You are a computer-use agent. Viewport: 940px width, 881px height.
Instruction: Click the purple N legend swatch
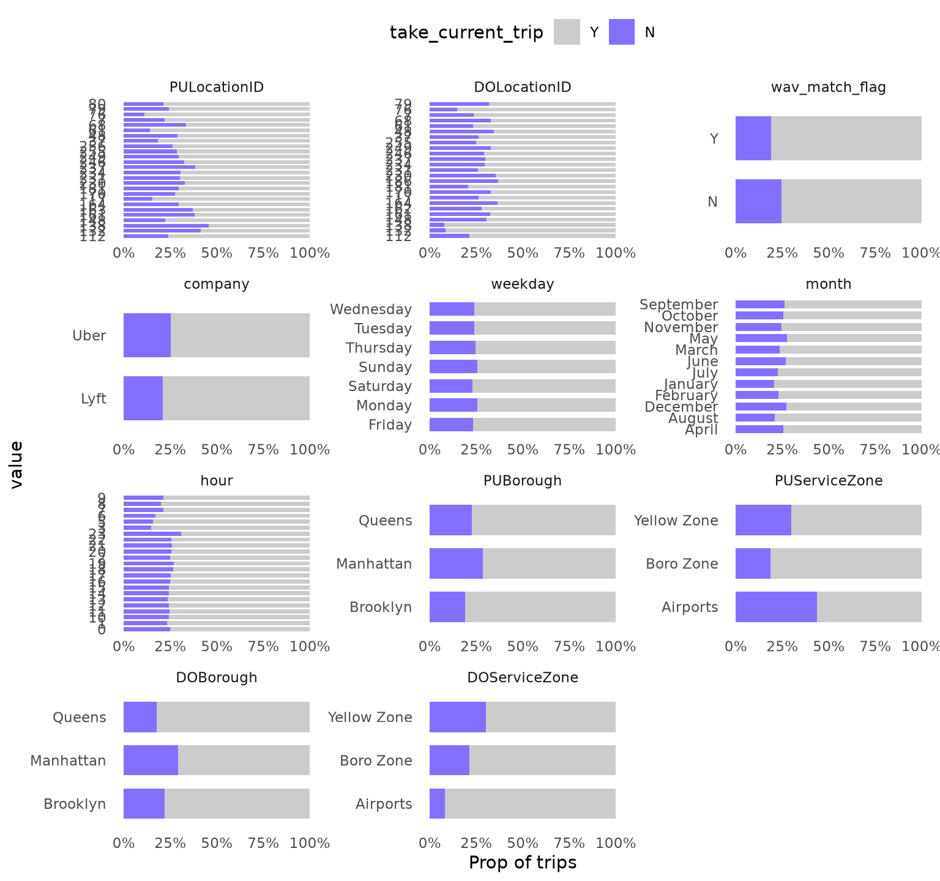pos(621,32)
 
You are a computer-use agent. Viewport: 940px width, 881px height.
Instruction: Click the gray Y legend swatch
pos(567,32)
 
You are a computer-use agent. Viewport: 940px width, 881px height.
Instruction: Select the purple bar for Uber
pos(147,335)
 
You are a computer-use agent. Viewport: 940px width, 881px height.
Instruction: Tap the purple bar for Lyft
pos(143,398)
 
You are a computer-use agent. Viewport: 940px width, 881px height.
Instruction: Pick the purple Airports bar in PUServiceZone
pos(776,607)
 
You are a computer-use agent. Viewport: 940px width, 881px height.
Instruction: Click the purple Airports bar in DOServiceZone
pos(437,803)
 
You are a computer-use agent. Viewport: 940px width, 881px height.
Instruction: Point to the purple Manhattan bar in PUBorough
pos(456,563)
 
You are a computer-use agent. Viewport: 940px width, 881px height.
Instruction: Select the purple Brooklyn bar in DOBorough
pos(144,803)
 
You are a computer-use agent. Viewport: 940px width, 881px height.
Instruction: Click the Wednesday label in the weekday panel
pos(371,309)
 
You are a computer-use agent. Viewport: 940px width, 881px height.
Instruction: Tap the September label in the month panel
pos(679,304)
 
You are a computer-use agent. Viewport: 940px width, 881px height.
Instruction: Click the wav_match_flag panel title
pos(828,87)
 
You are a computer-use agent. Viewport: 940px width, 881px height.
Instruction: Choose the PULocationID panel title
pos(217,87)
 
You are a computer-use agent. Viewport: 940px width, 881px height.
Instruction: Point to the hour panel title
pos(217,481)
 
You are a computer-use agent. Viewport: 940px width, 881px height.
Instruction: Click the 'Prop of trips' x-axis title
pos(523,862)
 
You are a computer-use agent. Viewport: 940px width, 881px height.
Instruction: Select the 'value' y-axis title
pos(17,464)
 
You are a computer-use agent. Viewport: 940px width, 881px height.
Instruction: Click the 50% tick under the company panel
pos(217,450)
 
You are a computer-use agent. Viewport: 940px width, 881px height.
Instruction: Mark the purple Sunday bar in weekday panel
pos(453,366)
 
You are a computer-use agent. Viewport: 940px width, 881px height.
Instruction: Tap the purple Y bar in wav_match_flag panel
pos(753,138)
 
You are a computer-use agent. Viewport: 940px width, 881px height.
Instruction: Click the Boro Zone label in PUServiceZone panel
pos(682,563)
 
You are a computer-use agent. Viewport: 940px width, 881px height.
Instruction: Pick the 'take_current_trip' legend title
pos(466,32)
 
